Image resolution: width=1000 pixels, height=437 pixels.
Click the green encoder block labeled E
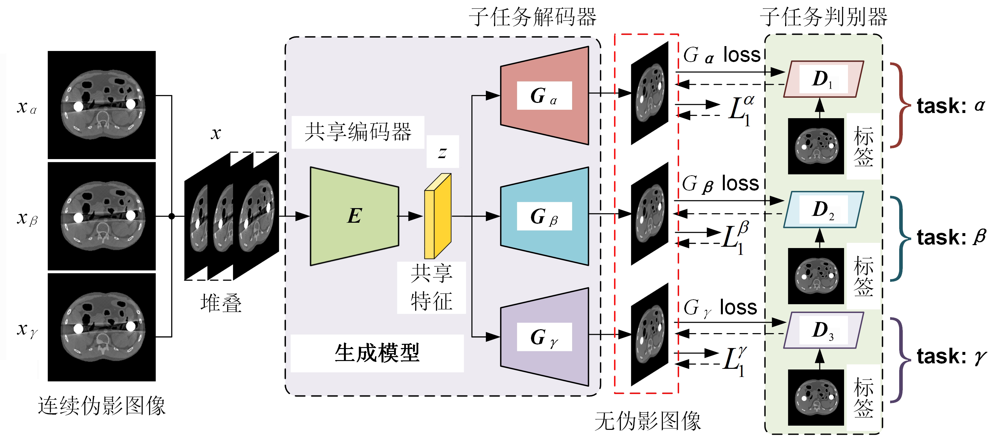[354, 216]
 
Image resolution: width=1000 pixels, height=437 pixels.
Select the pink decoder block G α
[544, 96]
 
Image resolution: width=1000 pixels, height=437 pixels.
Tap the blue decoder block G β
[544, 216]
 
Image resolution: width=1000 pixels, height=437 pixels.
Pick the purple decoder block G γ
[544, 337]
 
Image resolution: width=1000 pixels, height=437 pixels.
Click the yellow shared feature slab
[438, 216]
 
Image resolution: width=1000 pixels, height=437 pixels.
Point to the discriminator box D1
[823, 79]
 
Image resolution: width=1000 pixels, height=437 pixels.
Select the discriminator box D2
[823, 209]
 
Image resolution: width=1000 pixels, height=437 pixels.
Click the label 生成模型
[377, 353]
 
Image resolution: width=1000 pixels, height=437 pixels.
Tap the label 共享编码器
[358, 132]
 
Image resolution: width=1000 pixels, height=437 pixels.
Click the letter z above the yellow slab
[442, 152]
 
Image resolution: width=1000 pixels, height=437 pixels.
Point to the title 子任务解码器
[532, 17]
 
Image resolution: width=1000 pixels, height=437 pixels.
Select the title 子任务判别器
[823, 17]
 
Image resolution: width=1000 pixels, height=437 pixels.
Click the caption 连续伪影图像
[102, 406]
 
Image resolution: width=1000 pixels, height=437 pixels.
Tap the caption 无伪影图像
[648, 421]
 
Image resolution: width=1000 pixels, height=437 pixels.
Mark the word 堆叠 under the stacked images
[221, 303]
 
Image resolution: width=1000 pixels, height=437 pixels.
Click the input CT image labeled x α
[102, 105]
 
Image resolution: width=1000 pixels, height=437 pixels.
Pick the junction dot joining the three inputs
[171, 216]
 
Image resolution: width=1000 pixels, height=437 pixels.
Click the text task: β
[951, 237]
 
